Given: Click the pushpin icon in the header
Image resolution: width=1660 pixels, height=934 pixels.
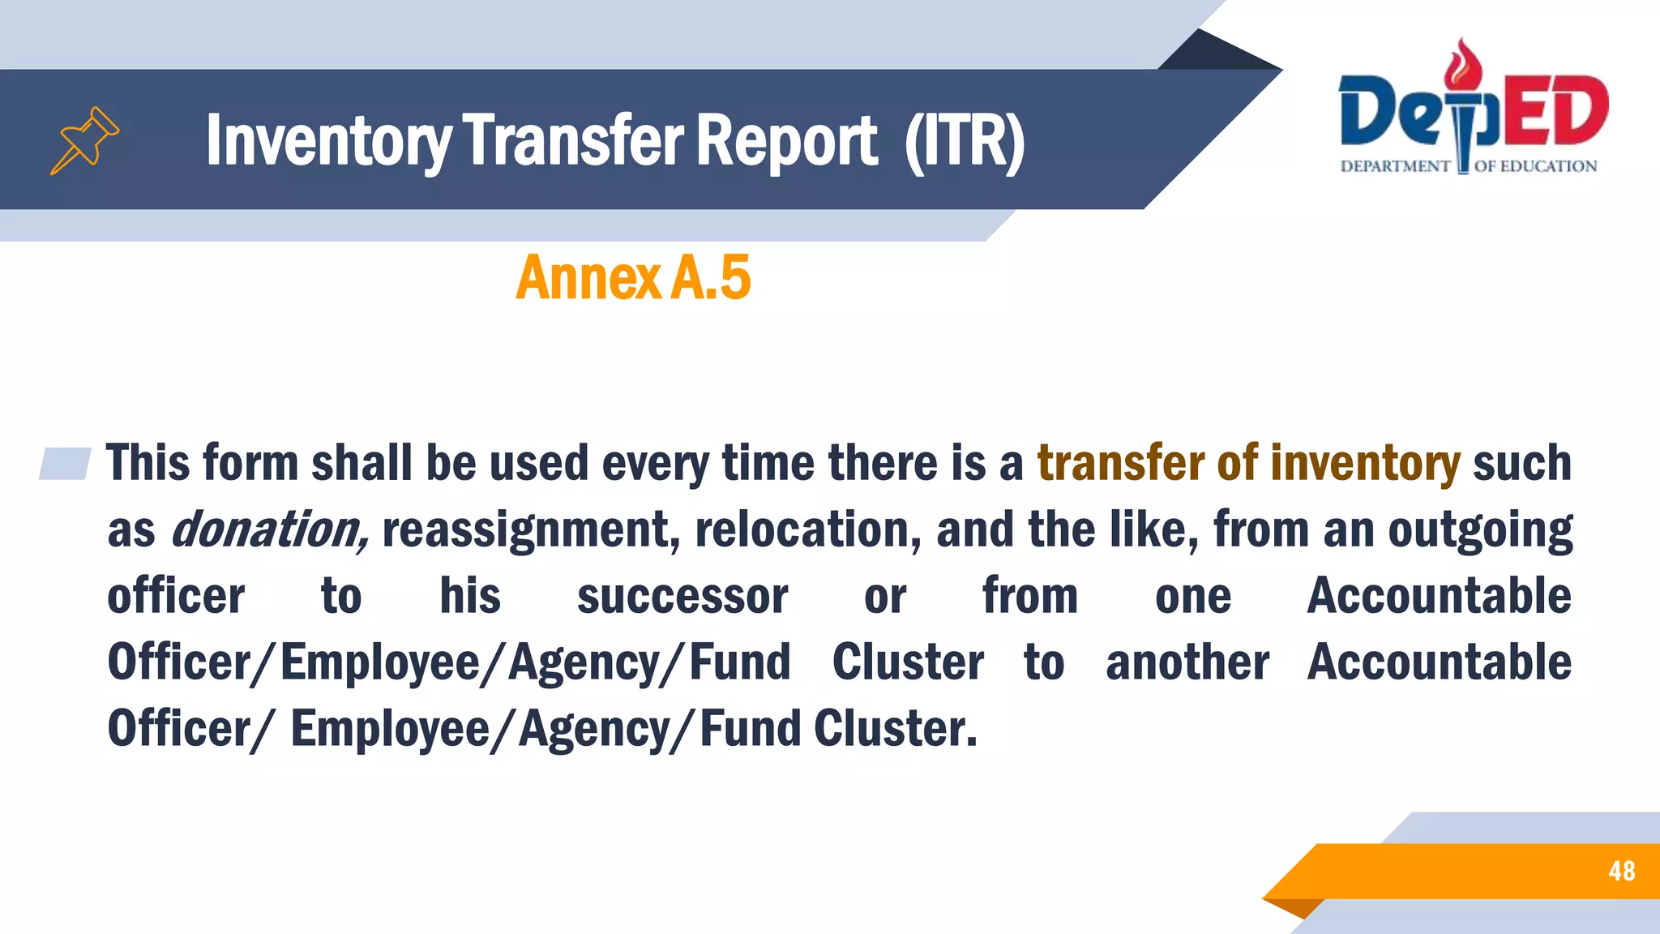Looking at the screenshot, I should pos(85,139).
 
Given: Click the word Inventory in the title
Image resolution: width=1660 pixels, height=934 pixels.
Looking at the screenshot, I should pos(328,141).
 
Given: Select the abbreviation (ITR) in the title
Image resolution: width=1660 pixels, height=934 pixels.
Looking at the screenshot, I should pos(965,141).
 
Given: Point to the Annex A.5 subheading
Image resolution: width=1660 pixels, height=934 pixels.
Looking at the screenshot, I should pos(633,278).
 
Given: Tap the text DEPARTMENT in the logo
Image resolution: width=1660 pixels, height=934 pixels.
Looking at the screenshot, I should pos(1395,167).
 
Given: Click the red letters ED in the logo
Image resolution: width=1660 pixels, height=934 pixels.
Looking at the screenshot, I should pos(1555,110).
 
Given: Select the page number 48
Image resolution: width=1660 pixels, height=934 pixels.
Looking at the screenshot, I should pos(1621,871).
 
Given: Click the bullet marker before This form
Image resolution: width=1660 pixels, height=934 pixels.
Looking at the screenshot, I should pos(65,464).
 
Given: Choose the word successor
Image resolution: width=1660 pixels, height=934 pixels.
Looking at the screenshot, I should pos(682,597).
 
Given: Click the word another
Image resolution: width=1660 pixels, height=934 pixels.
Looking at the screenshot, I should pos(1187,662).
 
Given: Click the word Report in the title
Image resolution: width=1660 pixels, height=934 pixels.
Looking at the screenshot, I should pos(785,141).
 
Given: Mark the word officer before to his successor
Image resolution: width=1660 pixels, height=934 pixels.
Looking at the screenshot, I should pos(176,597).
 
